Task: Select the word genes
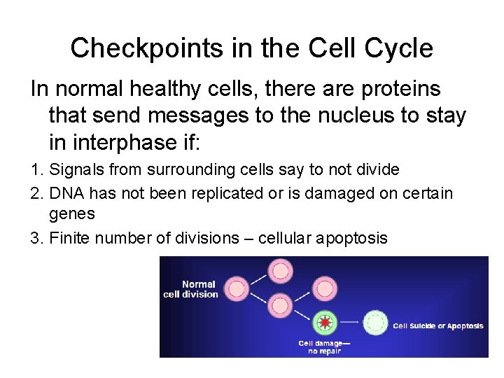pyautogui.click(x=72, y=213)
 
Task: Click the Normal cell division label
pyautogui.click(x=191, y=289)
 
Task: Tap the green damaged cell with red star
pyautogui.click(x=324, y=323)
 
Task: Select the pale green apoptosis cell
pyautogui.click(x=377, y=323)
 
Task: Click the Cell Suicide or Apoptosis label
pyautogui.click(x=438, y=326)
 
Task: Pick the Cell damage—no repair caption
pyautogui.click(x=323, y=347)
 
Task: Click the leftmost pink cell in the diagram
pyautogui.click(x=237, y=288)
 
